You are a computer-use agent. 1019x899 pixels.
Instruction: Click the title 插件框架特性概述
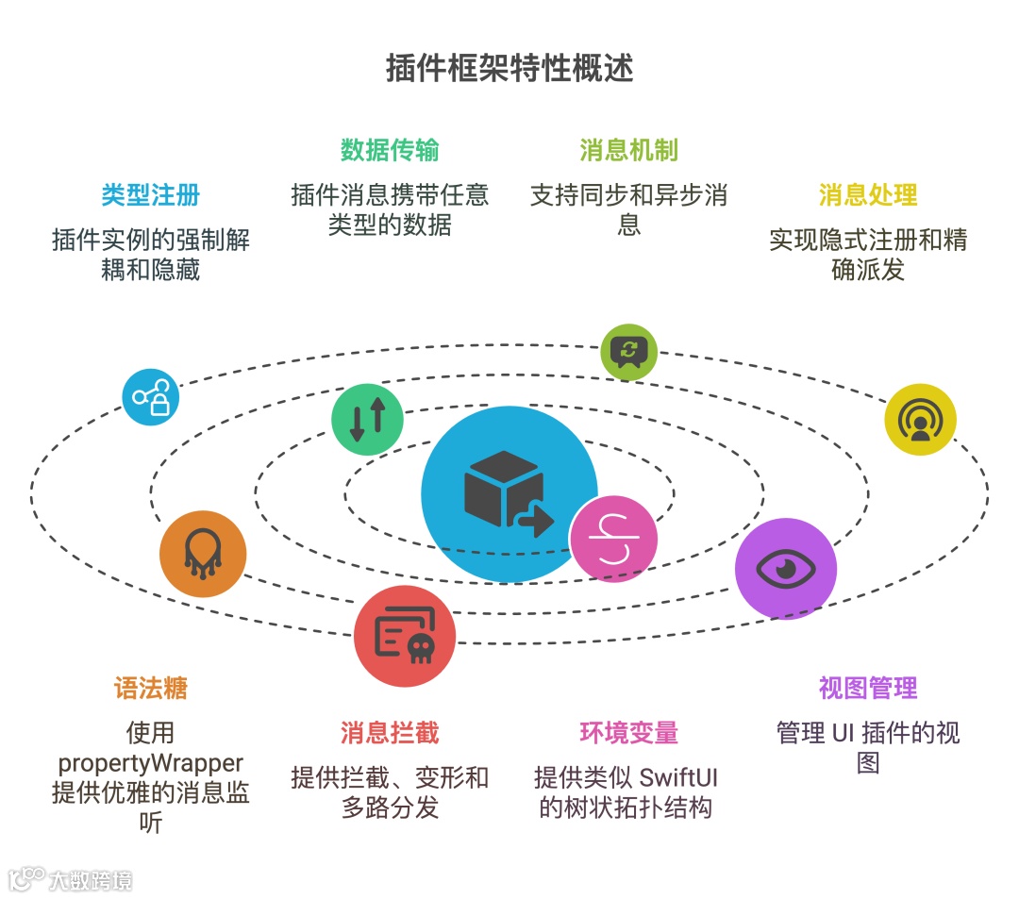point(509,69)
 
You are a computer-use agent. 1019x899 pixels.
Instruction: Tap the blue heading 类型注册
point(151,195)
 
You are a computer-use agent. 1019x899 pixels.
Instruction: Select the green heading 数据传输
point(390,150)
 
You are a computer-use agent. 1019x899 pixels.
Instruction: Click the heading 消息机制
point(628,150)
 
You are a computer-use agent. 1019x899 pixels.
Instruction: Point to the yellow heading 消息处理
point(868,195)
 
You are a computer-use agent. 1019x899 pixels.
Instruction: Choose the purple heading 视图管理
point(868,688)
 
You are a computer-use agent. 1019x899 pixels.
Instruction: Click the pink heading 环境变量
point(628,733)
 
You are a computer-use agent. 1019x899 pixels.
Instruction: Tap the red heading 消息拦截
point(390,733)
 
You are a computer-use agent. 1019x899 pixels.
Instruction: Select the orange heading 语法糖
point(151,688)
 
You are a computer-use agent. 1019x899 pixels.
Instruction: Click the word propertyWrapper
point(151,762)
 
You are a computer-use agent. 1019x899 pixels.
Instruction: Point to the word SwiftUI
point(679,778)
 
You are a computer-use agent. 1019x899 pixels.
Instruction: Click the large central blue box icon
point(509,494)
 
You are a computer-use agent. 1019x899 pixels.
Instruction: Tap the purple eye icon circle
point(785,569)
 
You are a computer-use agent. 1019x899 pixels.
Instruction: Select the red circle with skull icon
point(405,637)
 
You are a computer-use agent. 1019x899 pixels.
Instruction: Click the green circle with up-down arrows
point(367,420)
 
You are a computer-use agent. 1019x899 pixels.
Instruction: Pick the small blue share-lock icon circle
point(151,397)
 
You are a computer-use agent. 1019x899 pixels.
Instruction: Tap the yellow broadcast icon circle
point(920,420)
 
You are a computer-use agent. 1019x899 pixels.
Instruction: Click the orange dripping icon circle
point(203,554)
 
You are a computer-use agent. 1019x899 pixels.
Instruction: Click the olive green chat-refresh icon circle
point(628,352)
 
